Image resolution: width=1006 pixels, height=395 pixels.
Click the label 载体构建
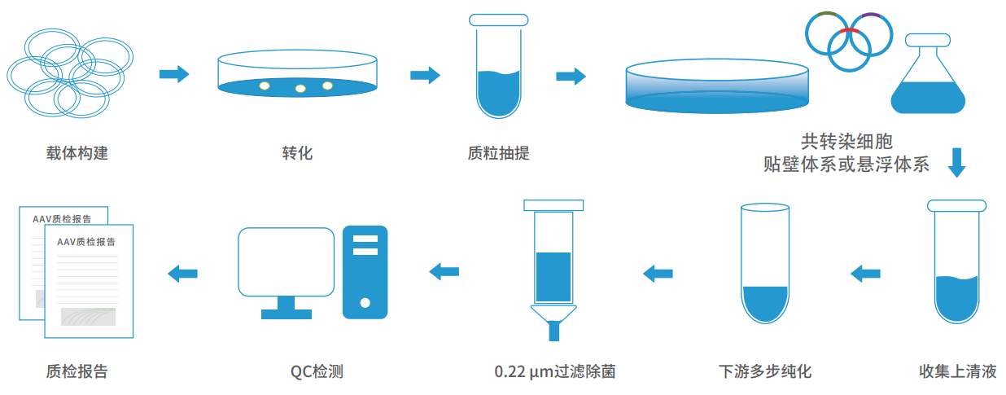pos(77,153)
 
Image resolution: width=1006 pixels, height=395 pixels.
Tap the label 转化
pos(297,153)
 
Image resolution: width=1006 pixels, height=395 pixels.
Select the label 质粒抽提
pos(498,153)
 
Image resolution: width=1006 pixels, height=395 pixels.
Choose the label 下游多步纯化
pos(765,372)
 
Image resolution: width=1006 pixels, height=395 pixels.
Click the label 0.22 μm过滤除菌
pos(554,372)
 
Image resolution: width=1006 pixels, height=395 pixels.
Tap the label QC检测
pos(317,372)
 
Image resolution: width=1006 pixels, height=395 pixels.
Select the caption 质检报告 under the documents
pos(77,372)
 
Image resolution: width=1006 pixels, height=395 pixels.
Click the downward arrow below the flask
pos(957,161)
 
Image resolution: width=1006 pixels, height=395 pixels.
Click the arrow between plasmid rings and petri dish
pos(173,75)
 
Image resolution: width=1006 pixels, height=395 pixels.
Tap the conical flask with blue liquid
pos(927,81)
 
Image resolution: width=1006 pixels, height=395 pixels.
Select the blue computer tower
pos(365,272)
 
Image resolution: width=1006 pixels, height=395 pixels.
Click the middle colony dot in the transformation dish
pos(300,88)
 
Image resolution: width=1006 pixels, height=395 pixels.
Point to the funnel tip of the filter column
pos(554,329)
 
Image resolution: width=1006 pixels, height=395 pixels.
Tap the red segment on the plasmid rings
pos(850,31)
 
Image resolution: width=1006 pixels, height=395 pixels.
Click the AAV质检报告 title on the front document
pos(85,241)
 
